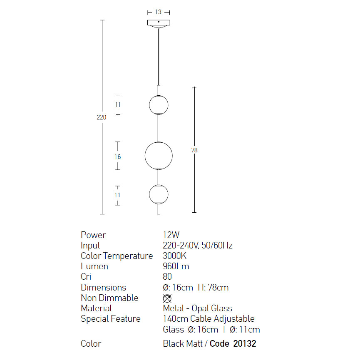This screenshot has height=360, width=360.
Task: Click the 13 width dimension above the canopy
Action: [158, 12]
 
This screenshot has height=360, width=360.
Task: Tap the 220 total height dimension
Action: [101, 117]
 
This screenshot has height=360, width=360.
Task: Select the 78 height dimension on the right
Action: [194, 150]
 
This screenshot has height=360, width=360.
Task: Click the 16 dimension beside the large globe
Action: [117, 157]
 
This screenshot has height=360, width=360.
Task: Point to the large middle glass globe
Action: [159, 156]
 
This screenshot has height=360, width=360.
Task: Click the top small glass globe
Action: [159, 105]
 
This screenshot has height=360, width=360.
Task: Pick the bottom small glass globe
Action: [159, 194]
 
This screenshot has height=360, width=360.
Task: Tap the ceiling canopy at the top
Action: [159, 24]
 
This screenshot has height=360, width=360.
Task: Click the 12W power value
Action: [171, 235]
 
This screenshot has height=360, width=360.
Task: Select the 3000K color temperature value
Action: [174, 256]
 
